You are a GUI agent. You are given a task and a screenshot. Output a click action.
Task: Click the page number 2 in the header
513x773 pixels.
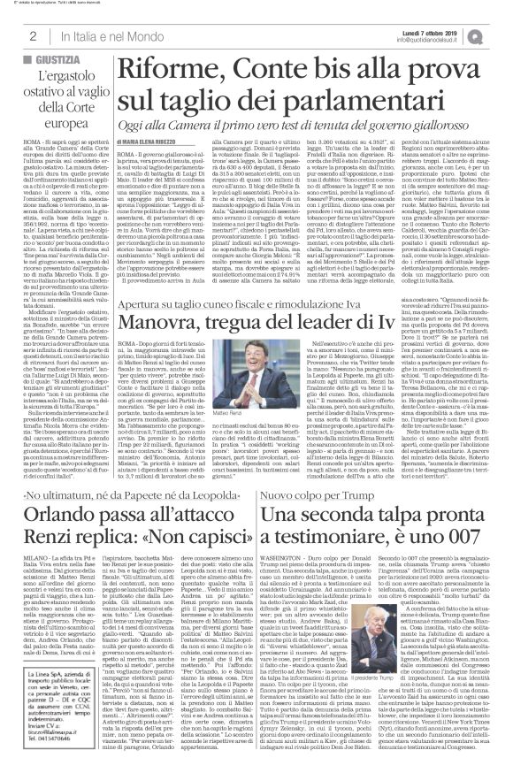click(33, 35)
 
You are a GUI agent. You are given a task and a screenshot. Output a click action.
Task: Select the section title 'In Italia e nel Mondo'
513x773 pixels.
click(98, 35)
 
